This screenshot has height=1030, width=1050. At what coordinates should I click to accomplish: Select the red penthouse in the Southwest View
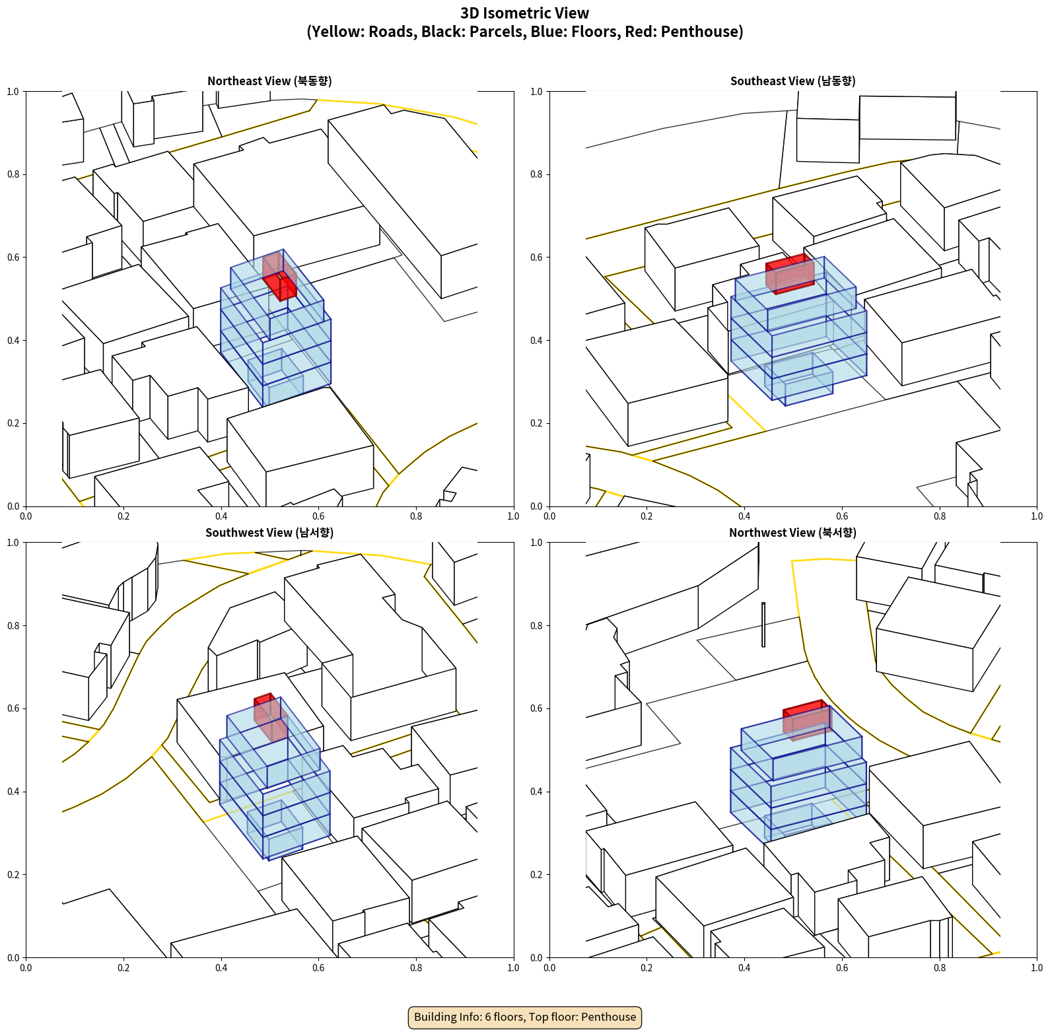[271, 718]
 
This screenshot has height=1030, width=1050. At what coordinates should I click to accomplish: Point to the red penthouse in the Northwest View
[807, 720]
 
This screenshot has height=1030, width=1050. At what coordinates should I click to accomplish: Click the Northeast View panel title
[269, 81]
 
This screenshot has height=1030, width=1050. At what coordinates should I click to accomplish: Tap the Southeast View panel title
[792, 81]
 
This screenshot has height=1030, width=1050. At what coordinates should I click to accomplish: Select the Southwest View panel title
[269, 533]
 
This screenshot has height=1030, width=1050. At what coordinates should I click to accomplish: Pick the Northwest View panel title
[792, 533]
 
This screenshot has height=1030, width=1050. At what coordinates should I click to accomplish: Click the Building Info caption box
[525, 1017]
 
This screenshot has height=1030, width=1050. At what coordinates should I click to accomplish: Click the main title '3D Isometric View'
[525, 13]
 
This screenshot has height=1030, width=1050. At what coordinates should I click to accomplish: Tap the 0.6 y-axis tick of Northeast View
[13, 257]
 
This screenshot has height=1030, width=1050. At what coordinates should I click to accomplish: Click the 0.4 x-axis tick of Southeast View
[744, 516]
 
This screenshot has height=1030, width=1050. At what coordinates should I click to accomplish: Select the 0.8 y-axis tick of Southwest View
[13, 626]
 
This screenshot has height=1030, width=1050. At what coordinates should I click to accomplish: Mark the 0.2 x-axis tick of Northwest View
[647, 968]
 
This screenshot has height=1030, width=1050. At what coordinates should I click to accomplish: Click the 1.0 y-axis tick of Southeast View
[536, 92]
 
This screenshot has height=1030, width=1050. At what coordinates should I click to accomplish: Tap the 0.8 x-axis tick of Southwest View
[416, 968]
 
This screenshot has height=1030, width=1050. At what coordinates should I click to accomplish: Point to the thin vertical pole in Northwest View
[763, 625]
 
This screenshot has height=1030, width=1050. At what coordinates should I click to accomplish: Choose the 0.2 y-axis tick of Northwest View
[536, 875]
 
